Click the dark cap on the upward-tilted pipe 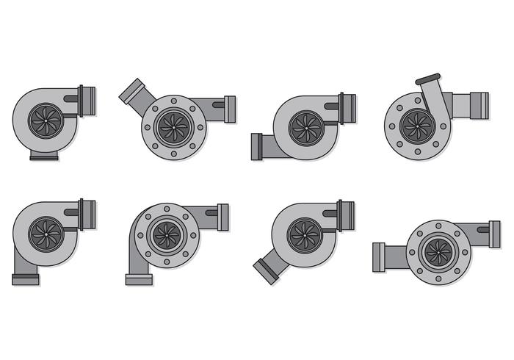(428, 78)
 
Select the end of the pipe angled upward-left (126, 93)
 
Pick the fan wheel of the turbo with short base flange (46, 119)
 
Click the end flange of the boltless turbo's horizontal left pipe (256, 147)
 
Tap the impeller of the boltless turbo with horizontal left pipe (305, 126)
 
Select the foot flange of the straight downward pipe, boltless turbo (26, 279)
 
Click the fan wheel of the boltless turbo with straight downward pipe (46, 233)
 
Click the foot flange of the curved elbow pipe (138, 279)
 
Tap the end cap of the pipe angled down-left (265, 270)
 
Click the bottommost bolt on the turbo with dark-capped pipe (417, 153)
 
